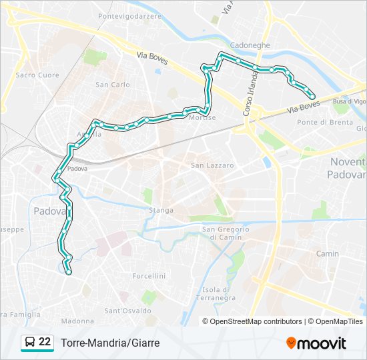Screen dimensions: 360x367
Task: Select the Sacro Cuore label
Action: pyautogui.click(x=37, y=75)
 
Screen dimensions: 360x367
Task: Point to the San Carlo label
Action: pyautogui.click(x=113, y=85)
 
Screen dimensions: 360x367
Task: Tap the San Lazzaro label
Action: pyautogui.click(x=212, y=165)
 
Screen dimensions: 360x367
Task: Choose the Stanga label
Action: pyautogui.click(x=162, y=210)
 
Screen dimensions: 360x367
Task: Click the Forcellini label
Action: pyautogui.click(x=149, y=275)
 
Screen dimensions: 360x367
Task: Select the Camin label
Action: pyautogui.click(x=328, y=254)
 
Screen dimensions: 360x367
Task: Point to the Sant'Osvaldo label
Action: pyautogui.click(x=123, y=311)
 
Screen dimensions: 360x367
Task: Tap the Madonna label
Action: pyautogui.click(x=77, y=321)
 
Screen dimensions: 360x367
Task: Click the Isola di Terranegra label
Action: pyautogui.click(x=216, y=294)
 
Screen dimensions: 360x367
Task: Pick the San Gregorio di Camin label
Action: pyautogui.click(x=226, y=233)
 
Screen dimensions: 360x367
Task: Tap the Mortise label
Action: pyautogui.click(x=202, y=118)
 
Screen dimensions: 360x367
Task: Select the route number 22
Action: pyautogui.click(x=45, y=342)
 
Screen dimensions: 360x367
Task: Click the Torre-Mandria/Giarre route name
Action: pyautogui.click(x=110, y=343)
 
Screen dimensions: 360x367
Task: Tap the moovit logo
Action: pyautogui.click(x=316, y=343)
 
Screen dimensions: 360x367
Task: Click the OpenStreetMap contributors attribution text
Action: pyautogui.click(x=256, y=321)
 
